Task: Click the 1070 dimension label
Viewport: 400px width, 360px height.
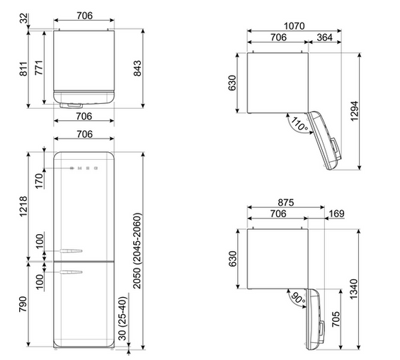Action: coord(294,26)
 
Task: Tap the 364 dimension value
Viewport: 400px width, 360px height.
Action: coord(324,37)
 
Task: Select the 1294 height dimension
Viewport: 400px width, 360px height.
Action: coord(355,111)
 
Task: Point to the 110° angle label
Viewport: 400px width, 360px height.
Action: coord(299,124)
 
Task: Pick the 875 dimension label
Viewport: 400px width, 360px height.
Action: coord(286,202)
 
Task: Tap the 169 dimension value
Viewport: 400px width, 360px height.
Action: coord(337,214)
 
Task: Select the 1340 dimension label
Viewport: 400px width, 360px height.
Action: coord(354,289)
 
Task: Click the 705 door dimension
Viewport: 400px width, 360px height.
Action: coord(336,319)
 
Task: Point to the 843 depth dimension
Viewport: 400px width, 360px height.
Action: coord(137,69)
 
